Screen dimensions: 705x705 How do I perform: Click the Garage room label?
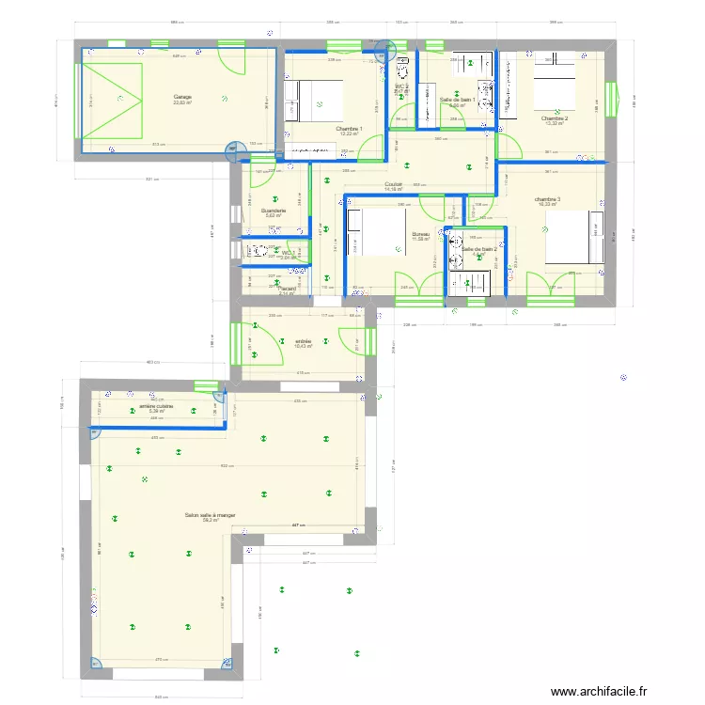(181, 98)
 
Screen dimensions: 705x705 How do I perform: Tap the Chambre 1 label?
(349, 129)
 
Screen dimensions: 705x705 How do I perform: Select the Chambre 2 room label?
(554, 119)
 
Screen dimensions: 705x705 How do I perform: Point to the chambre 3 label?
(547, 199)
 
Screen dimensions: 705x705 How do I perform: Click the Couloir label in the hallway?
(393, 185)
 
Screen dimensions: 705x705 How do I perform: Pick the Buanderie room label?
(274, 211)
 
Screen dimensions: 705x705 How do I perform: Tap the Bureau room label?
(420, 234)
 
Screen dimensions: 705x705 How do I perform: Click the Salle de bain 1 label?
(457, 100)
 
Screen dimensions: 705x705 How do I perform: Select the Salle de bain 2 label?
(478, 249)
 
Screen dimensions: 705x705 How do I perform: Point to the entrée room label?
(303, 341)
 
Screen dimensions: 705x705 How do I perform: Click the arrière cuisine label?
(157, 406)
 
